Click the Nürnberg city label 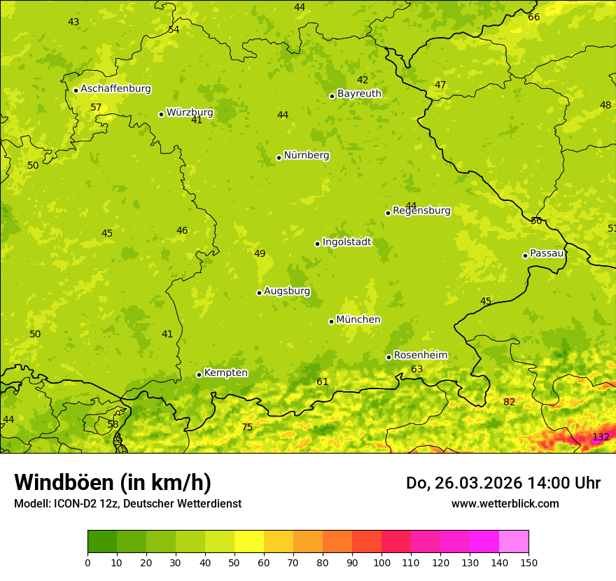[x=306, y=155]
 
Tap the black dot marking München [x=332, y=321]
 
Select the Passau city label [x=547, y=253]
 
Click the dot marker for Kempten [x=199, y=374]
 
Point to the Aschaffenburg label [x=115, y=89]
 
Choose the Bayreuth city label [x=359, y=93]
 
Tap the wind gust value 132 [x=601, y=437]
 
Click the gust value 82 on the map [x=509, y=402]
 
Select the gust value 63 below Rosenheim [x=417, y=369]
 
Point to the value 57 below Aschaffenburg [x=96, y=107]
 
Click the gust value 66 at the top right [x=534, y=17]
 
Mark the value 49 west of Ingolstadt [x=260, y=253]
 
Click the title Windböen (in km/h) [x=113, y=482]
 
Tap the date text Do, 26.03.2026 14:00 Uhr [x=503, y=483]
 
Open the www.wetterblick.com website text [x=505, y=504]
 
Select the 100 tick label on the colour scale [x=381, y=562]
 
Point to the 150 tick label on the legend [x=528, y=562]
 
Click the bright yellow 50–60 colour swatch [x=249, y=542]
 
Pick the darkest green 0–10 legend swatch [x=102, y=542]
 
